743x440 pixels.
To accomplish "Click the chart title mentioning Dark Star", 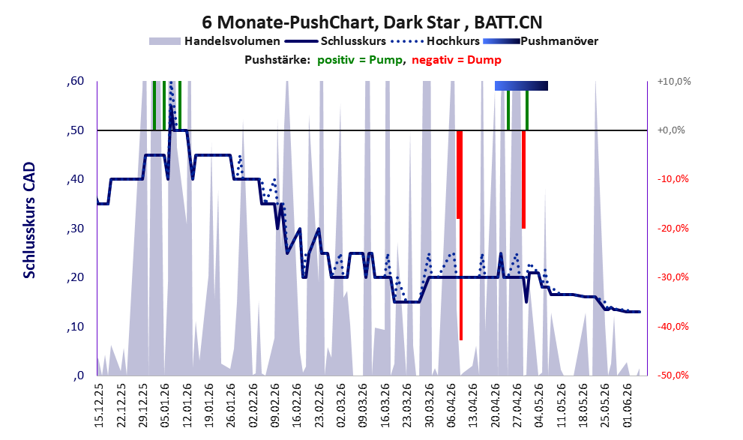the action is coord(372,22).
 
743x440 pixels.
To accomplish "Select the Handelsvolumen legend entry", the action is coord(214,41).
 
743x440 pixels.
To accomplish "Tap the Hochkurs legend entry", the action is coord(436,41).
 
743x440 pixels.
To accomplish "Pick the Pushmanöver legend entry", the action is coord(541,41).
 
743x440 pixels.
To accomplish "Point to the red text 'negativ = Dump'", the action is coord(457,60).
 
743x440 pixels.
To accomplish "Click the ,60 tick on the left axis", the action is coord(75,81).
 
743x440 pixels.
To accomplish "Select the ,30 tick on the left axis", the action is coord(75,229).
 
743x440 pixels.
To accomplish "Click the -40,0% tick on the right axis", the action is coord(673,327).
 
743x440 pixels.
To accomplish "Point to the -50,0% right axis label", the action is coord(673,376).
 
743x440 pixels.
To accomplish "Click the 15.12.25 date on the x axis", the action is coord(98,405).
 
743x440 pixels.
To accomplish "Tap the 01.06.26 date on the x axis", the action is coord(628,405).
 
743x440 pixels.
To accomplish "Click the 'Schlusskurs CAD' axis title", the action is coord(29,220).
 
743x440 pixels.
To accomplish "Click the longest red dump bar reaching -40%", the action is coord(460,235).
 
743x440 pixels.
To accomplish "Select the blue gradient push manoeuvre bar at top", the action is coord(521,85).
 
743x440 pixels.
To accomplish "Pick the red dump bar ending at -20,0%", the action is coord(523,179).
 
